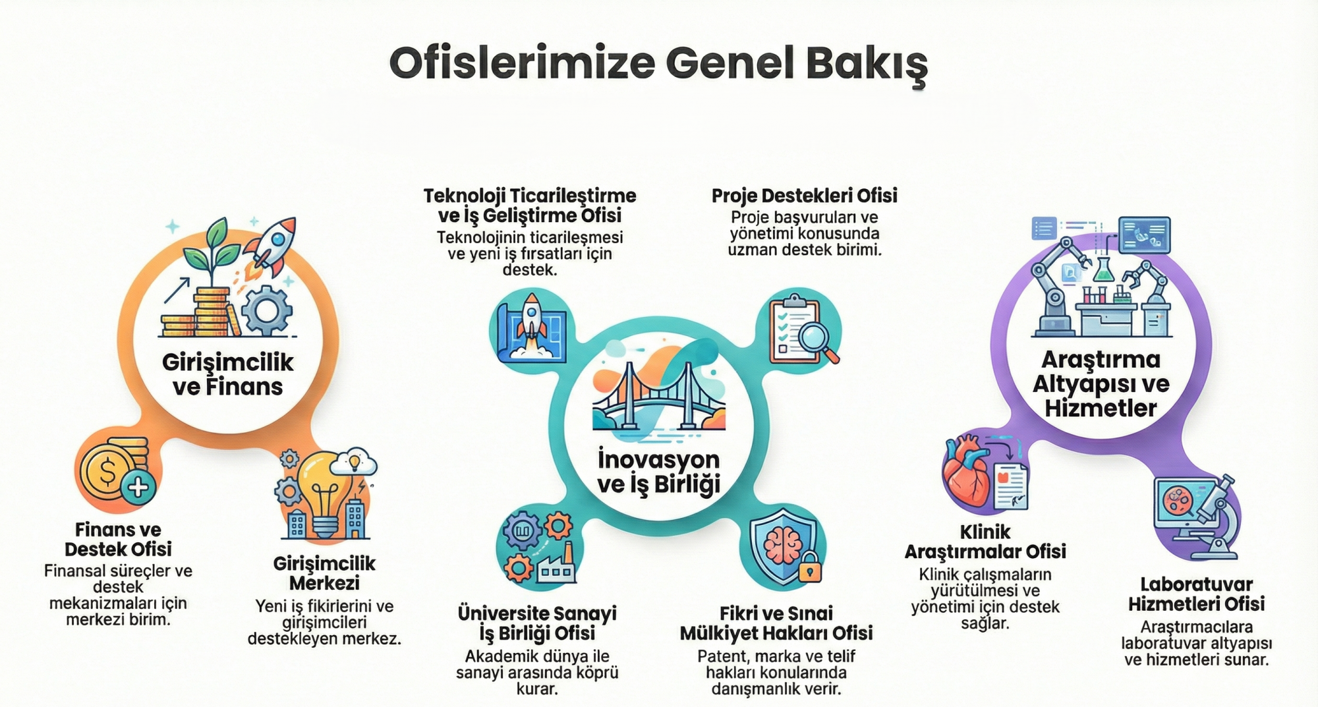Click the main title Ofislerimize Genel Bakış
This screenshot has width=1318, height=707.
click(658, 64)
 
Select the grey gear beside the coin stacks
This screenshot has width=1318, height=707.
click(266, 310)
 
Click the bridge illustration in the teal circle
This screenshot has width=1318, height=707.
click(659, 399)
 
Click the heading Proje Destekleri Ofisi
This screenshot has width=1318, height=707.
click(804, 196)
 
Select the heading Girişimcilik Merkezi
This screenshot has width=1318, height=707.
click(324, 573)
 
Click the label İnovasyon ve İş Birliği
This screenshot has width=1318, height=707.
click(659, 472)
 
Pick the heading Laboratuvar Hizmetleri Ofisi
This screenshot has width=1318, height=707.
click(1196, 594)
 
